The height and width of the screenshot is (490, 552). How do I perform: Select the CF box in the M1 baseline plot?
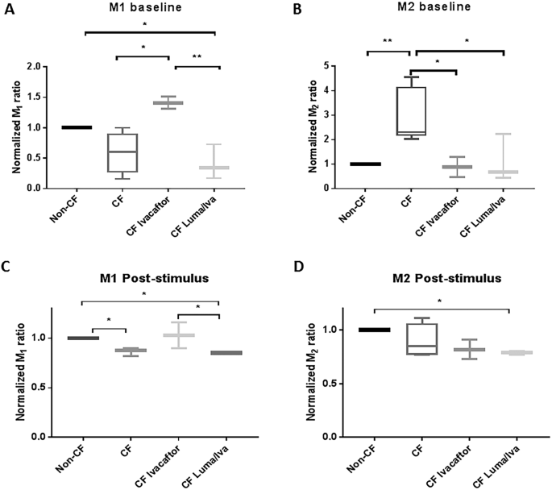click(x=122, y=152)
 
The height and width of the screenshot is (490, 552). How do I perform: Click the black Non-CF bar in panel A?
click(x=77, y=127)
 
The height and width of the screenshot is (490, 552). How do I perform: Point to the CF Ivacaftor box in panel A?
click(x=168, y=102)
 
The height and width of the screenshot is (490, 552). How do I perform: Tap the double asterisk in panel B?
click(x=388, y=39)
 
